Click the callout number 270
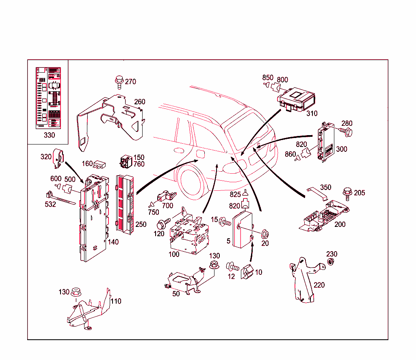[x=130, y=82]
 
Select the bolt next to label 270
[x=119, y=81]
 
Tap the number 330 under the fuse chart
[x=49, y=135]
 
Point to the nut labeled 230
[x=331, y=262]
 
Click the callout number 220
[x=319, y=285]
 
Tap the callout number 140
[x=113, y=242]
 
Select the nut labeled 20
[x=265, y=234]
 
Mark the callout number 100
[x=174, y=254]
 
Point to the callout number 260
[x=139, y=101]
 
